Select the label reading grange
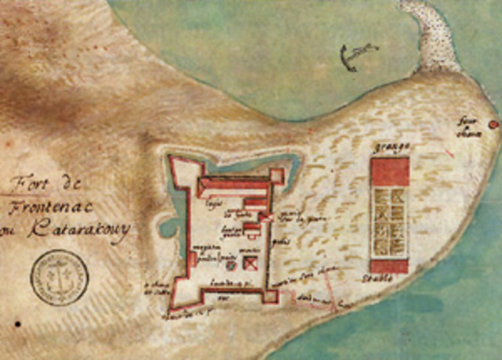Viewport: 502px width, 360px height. click(x=390, y=147)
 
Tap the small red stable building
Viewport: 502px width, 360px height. click(x=390, y=266)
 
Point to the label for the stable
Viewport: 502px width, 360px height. click(x=390, y=279)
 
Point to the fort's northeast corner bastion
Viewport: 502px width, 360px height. click(x=278, y=174)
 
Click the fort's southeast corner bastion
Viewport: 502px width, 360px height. click(x=271, y=296)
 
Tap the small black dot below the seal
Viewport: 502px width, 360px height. click(x=16, y=323)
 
